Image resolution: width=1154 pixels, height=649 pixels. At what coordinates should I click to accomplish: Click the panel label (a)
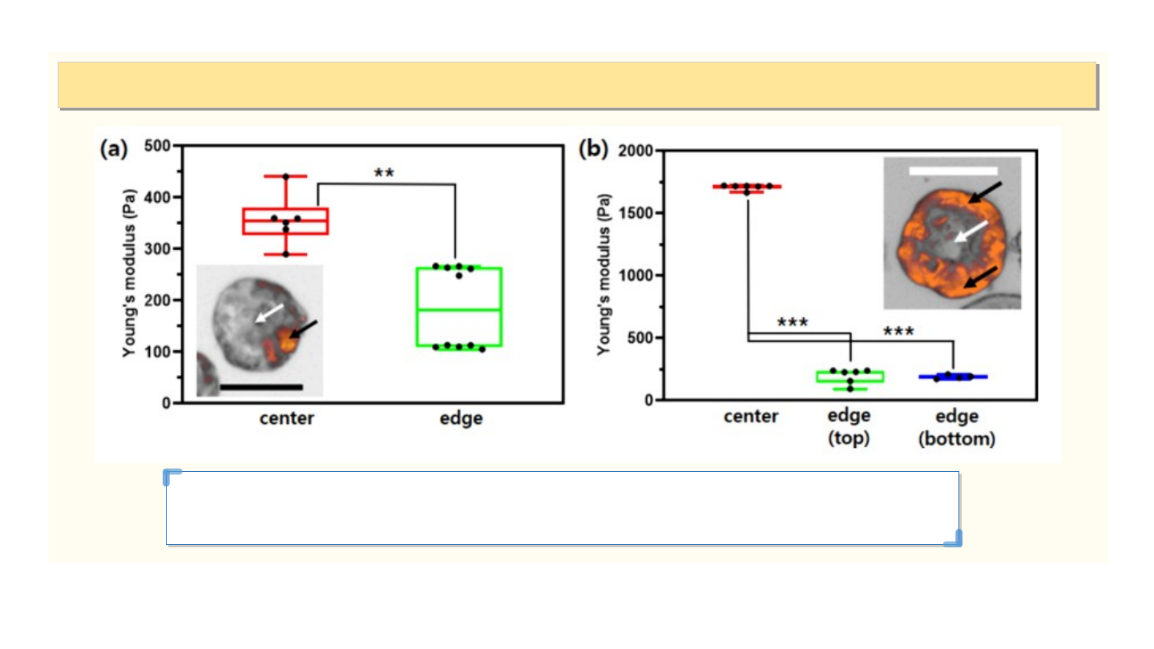113,149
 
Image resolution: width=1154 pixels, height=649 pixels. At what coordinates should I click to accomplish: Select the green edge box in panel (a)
459,306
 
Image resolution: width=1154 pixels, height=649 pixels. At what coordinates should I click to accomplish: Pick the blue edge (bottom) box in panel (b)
953,377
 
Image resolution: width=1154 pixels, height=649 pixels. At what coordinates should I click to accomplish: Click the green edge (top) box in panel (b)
849,377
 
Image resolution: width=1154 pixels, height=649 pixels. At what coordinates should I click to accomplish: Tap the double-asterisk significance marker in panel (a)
384,173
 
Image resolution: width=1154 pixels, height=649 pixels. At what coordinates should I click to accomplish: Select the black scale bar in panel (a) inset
260,387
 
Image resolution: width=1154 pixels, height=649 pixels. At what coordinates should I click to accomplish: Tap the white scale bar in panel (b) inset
953,171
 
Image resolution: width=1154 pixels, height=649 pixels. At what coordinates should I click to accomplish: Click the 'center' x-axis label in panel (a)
286,419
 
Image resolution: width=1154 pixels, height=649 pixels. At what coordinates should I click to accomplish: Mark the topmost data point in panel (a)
285,176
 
